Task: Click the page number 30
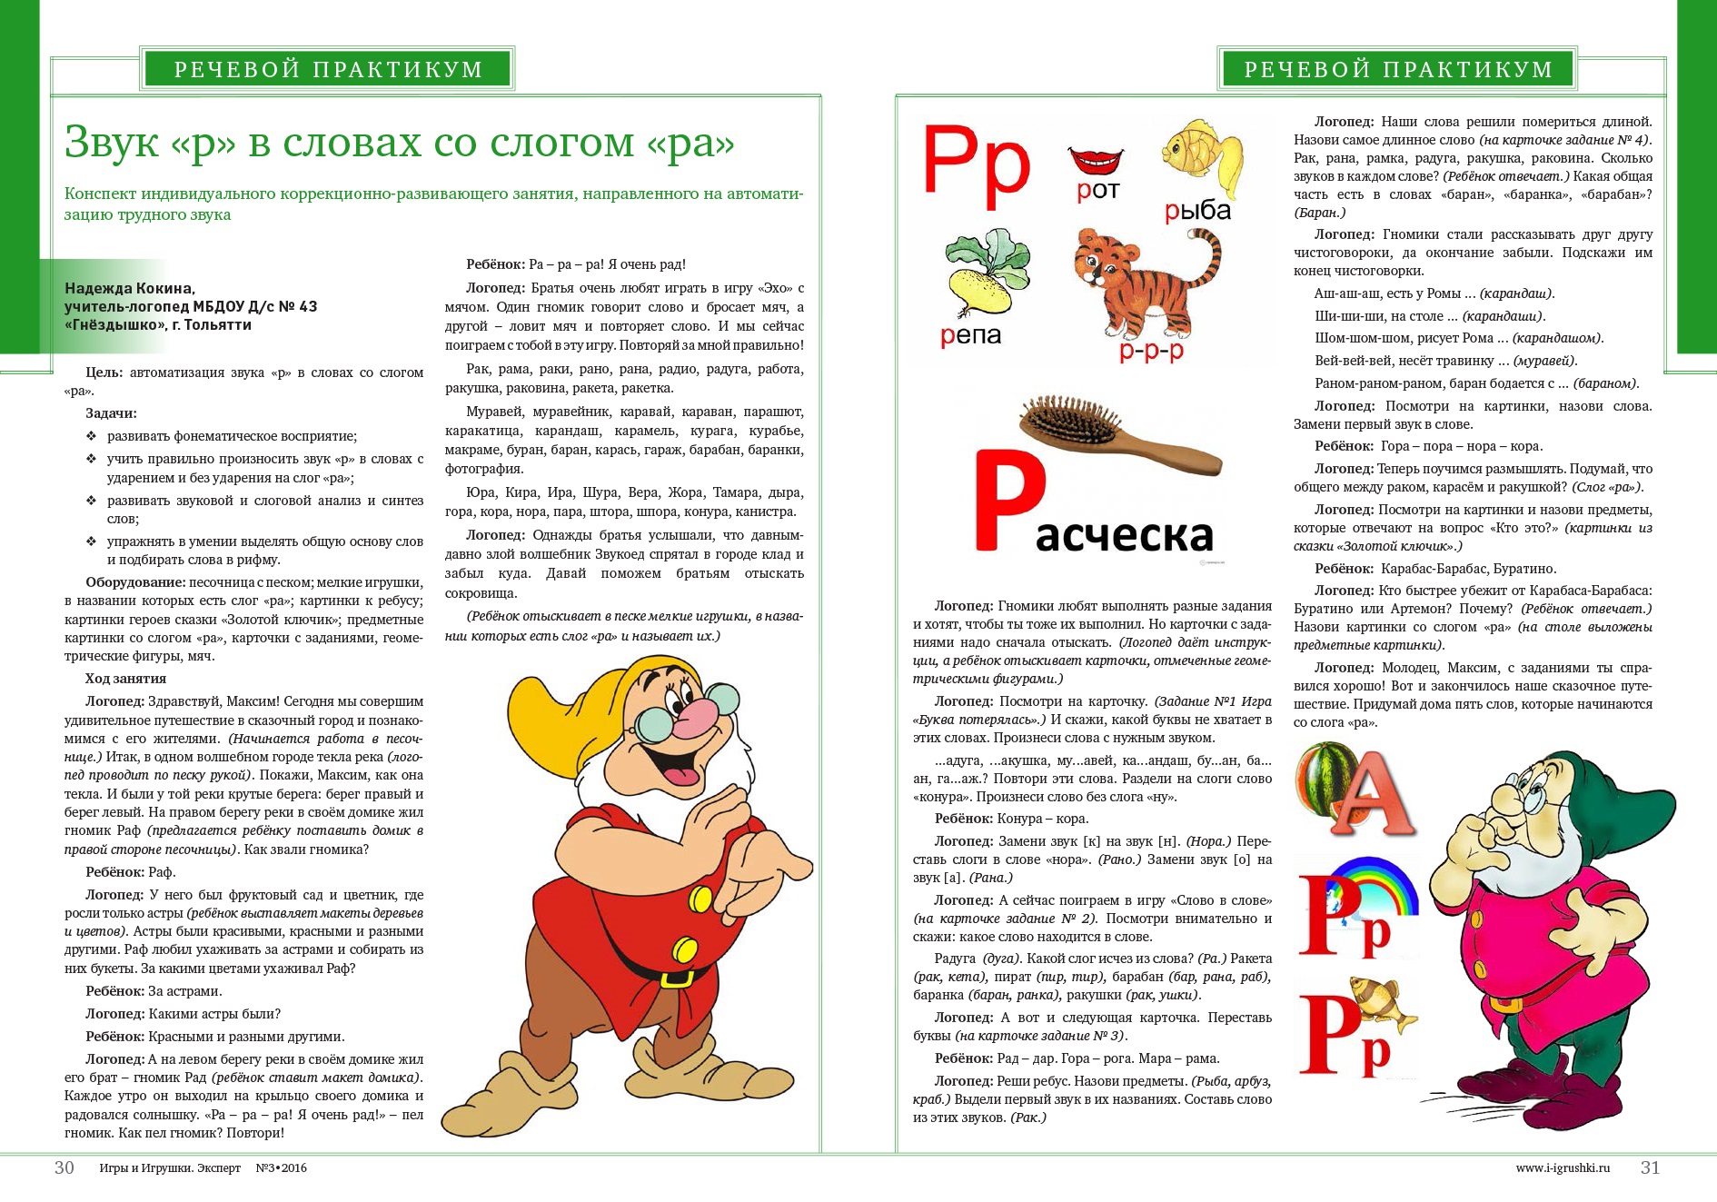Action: click(x=65, y=1167)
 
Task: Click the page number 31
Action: click(x=1650, y=1167)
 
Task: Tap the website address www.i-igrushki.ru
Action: click(x=1563, y=1168)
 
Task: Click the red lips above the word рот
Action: click(x=1096, y=160)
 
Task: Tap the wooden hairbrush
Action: click(x=1118, y=433)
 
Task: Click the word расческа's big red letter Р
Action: click(x=1007, y=501)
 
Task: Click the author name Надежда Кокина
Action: click(x=130, y=288)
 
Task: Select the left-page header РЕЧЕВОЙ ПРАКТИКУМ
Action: click(x=328, y=69)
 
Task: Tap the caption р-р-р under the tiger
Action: click(x=1151, y=352)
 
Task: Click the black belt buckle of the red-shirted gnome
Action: click(x=676, y=978)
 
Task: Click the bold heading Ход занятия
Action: click(x=125, y=679)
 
